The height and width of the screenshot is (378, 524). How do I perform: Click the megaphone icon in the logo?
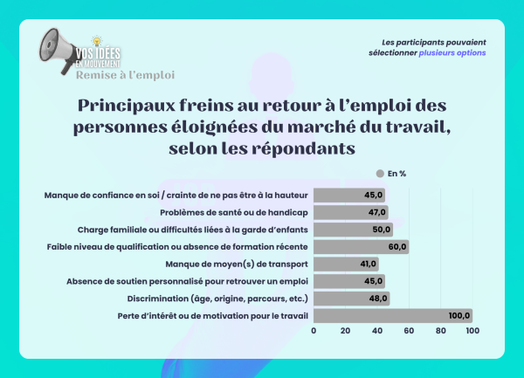point(55,47)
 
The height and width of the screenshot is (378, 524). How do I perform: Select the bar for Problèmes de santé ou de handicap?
point(350,212)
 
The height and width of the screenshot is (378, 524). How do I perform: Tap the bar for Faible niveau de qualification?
point(361,246)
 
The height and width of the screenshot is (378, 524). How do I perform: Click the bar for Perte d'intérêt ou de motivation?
point(392,315)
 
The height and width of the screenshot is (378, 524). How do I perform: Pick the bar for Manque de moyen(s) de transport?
point(346,264)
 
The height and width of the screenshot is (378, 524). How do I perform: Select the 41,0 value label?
point(367,264)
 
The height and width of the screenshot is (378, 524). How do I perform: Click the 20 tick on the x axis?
point(346,331)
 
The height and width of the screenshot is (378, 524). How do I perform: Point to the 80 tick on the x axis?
point(440,331)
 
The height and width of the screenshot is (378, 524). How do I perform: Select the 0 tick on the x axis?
point(314,331)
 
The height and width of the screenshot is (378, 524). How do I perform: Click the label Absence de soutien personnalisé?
point(189,281)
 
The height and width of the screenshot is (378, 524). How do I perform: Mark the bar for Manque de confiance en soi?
point(349,195)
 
